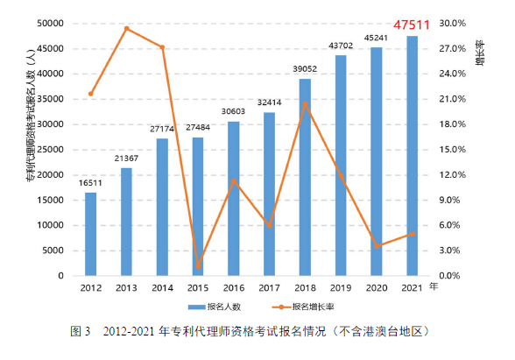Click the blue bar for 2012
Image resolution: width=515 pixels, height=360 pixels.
90,234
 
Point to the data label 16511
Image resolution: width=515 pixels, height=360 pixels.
90,183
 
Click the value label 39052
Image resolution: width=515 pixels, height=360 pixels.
305,70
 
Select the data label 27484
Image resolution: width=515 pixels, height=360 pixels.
198,129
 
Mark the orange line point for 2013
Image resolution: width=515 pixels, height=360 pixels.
126,28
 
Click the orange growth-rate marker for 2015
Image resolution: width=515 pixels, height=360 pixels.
198,266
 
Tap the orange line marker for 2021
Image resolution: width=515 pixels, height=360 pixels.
412,234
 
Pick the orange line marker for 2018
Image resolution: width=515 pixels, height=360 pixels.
305,103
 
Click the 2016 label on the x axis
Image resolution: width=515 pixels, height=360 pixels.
233,287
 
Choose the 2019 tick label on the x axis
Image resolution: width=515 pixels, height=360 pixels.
340,287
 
